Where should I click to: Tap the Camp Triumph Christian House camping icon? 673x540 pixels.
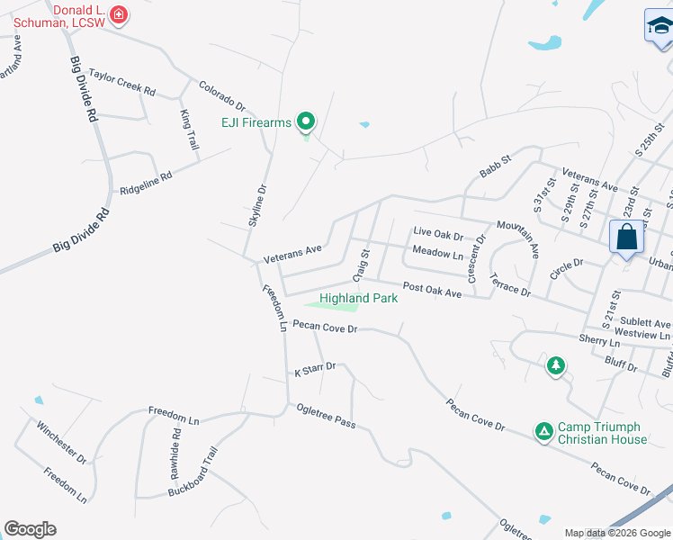543,432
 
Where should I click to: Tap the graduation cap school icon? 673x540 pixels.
660,27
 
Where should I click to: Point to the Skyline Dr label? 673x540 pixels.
258,204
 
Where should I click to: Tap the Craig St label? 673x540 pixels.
365,265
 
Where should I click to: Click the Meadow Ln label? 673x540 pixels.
437,254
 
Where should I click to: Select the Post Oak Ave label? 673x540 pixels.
432,289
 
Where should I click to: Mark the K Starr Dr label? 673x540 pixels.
315,367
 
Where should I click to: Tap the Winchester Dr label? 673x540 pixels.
62,441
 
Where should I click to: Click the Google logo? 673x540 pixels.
30,529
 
